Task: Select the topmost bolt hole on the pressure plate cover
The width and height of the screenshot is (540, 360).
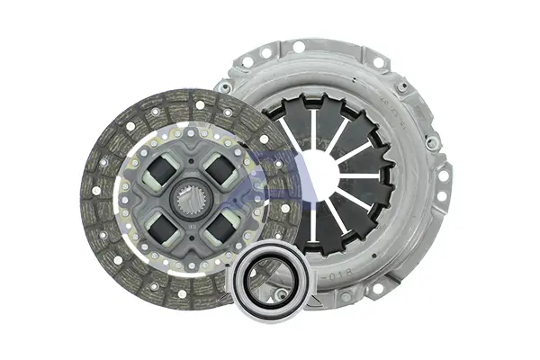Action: coord(299,46)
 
